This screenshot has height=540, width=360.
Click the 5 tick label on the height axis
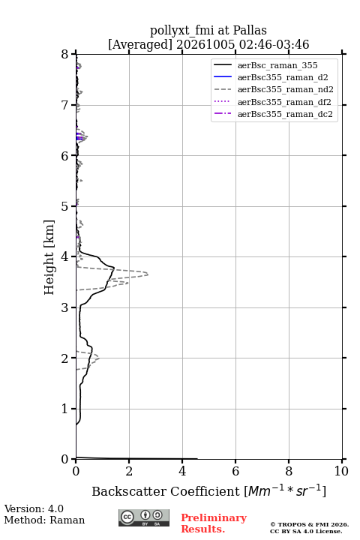[x=64, y=206]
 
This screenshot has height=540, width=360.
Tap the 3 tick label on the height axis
[x=64, y=307]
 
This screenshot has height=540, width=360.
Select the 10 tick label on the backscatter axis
[x=341, y=471]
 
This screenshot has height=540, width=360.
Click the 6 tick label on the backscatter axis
[x=235, y=471]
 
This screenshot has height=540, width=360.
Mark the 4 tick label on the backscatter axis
[x=182, y=471]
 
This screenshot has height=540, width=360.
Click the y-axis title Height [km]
[x=49, y=257]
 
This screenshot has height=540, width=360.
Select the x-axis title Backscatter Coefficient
[x=166, y=491]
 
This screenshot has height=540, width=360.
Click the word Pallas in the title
[x=250, y=30]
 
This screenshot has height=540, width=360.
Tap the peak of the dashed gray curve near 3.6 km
[x=148, y=274]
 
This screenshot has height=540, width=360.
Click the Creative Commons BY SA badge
[x=144, y=518]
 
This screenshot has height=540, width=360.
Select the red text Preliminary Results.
[x=214, y=523]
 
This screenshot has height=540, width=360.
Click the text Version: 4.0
[x=34, y=508]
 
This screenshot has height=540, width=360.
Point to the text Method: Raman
[x=44, y=520]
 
